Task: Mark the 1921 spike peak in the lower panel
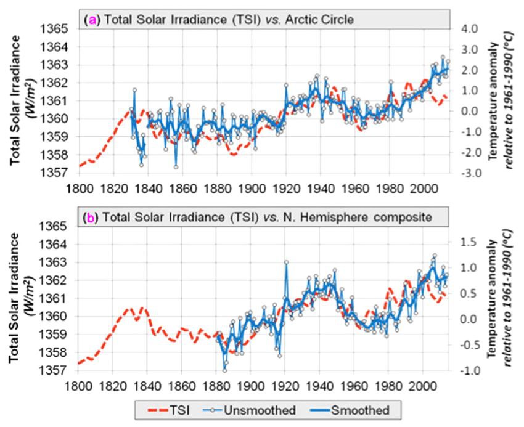coord(286,262)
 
